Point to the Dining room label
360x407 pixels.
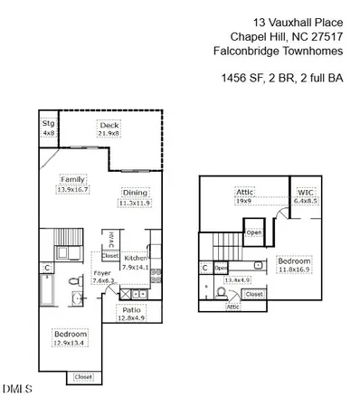tap(134, 193)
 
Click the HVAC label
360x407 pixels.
tap(109, 239)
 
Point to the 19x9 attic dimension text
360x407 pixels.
tap(244, 201)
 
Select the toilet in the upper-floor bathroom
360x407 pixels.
tap(258, 266)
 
